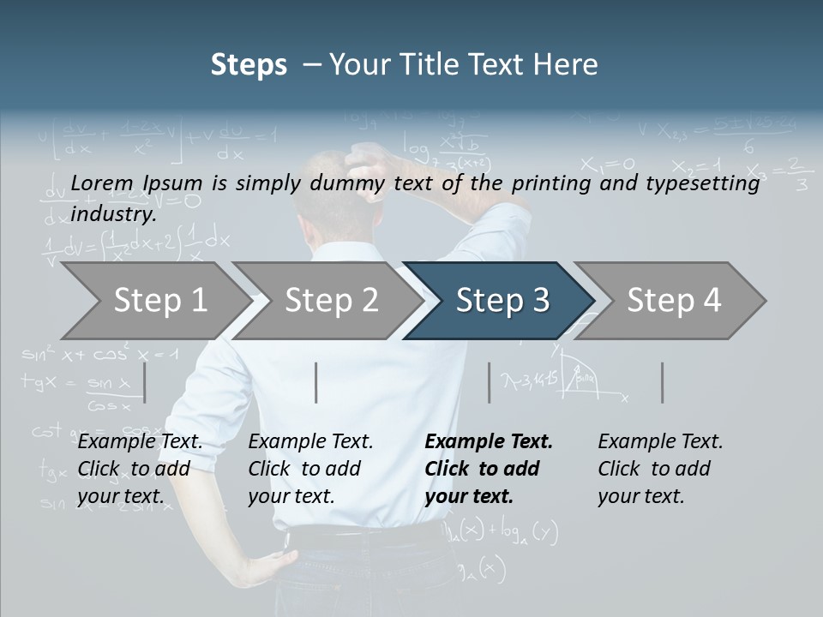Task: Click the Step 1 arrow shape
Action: [154, 301]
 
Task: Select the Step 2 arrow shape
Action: [330, 301]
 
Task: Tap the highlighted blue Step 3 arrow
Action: [501, 301]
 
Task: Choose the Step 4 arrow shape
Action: [673, 301]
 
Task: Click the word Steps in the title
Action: [249, 64]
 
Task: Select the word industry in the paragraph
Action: [112, 213]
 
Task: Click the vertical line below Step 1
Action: [145, 382]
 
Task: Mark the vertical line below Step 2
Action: [316, 382]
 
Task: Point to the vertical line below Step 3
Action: [490, 382]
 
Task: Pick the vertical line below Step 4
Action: [663, 382]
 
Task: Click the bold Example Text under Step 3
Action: [489, 442]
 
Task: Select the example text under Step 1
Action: [140, 469]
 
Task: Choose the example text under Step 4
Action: [660, 469]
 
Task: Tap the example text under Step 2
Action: [310, 469]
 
